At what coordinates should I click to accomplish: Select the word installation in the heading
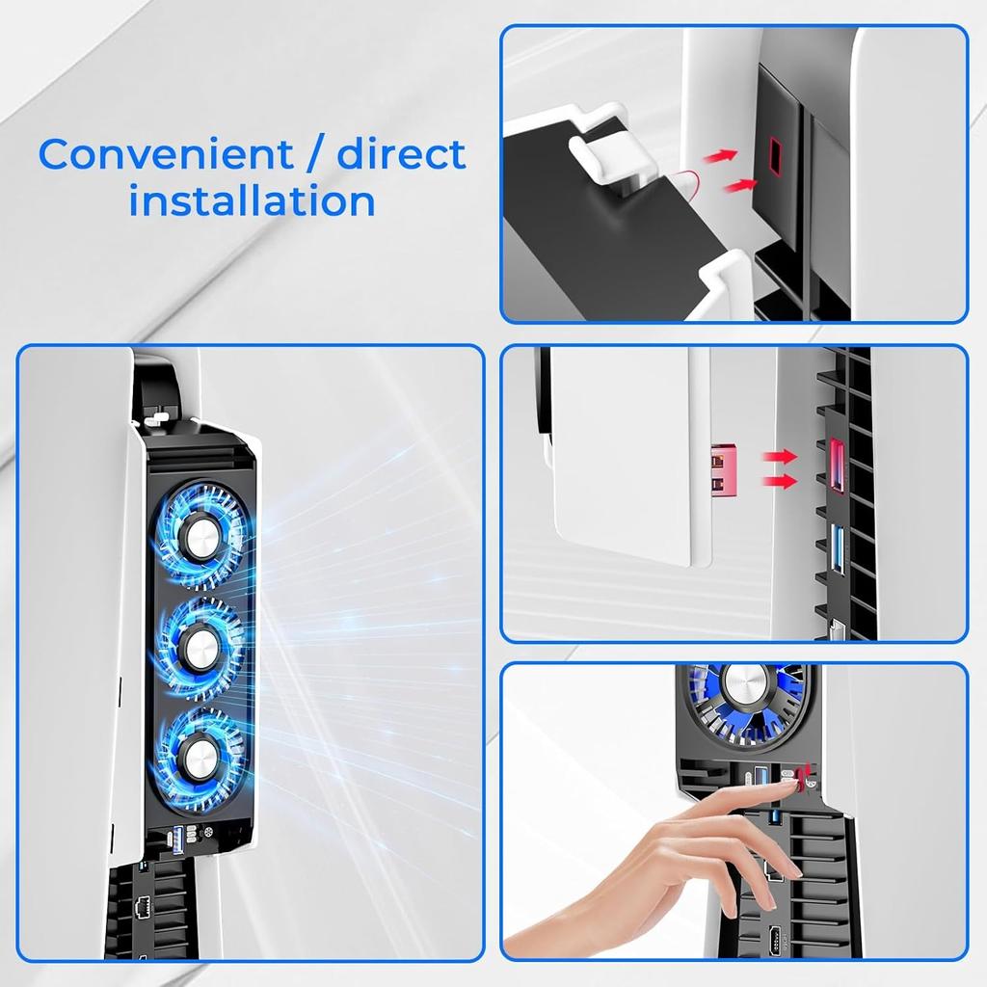(252, 202)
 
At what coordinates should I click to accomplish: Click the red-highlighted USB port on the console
(835, 465)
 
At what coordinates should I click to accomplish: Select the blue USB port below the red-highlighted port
(837, 550)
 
